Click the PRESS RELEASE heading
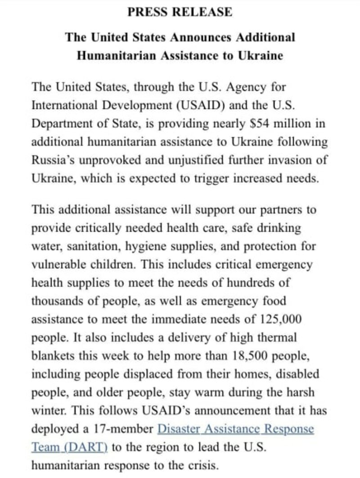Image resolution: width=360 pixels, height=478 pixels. tap(180, 12)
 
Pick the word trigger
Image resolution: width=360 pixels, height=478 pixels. tap(218, 178)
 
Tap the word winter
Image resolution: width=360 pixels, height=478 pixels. tap(45, 410)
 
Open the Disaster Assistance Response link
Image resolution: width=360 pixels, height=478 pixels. tap(235, 428)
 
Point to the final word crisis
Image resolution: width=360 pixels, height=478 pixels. tap(201, 465)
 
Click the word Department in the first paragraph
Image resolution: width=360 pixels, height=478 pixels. tap(60, 124)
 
